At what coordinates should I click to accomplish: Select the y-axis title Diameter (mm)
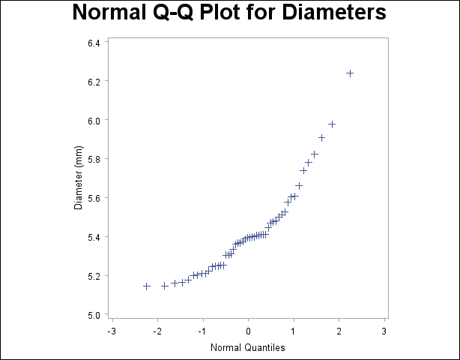78,177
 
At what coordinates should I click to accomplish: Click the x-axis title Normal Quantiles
248,347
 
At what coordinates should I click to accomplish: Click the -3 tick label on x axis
111,330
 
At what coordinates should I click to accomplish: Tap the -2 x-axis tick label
157,330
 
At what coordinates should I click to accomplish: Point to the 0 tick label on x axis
249,330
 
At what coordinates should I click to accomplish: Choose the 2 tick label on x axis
339,330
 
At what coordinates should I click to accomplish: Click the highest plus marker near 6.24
350,73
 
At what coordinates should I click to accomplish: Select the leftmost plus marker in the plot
147,286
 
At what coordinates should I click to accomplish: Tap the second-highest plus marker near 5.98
332,124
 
